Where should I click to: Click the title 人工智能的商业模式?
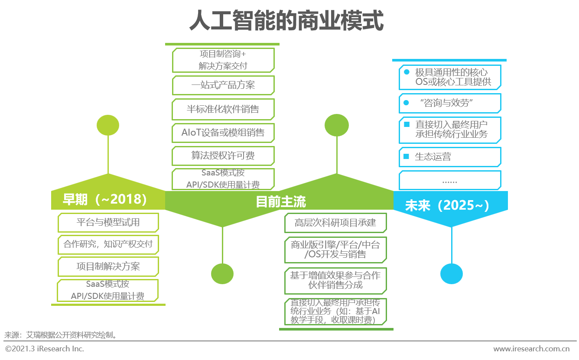point(286,20)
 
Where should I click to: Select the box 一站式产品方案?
point(223,85)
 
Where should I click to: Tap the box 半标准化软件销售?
point(223,109)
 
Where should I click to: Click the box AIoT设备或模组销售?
point(223,133)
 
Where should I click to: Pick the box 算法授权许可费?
point(223,156)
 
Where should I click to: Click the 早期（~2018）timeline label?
point(105,199)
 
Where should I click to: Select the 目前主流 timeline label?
point(281,201)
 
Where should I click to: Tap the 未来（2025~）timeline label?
point(447,205)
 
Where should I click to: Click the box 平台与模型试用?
point(108,223)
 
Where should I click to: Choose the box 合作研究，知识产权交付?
point(108,244)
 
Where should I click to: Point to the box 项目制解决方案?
point(108,266)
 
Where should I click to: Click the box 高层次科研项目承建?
point(335,223)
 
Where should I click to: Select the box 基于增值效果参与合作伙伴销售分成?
point(335,281)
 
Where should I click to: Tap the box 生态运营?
point(450,157)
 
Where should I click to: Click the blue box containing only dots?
point(450,180)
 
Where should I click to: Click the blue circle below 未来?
point(451,274)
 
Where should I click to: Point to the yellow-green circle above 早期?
point(108,125)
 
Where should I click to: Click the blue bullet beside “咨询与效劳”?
point(406,103)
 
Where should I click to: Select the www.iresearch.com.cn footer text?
point(531,349)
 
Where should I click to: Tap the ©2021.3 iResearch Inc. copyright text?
point(45,349)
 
